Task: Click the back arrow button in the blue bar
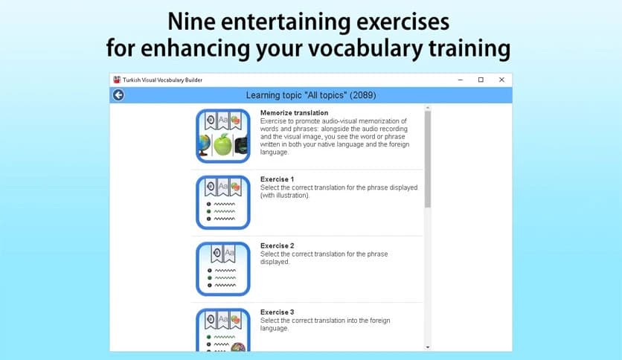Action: tap(118, 95)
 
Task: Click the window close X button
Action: tap(501, 80)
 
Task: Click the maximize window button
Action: tap(481, 80)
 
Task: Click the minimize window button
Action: tap(459, 80)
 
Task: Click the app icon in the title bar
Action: tap(117, 80)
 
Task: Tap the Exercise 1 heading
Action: tap(277, 179)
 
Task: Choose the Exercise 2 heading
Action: tap(277, 245)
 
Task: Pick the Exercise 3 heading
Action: tap(277, 312)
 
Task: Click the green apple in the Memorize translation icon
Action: tap(224, 144)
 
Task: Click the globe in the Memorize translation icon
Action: tap(204, 144)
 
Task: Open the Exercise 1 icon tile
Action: tap(223, 202)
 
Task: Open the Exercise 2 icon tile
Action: tap(223, 268)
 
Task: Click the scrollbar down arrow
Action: tap(427, 347)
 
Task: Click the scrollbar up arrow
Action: tap(427, 109)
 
